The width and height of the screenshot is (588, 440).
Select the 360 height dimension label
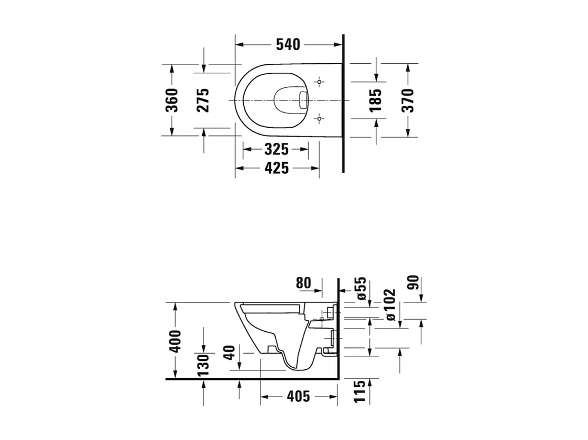click(x=172, y=100)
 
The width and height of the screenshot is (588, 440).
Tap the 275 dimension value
click(x=203, y=100)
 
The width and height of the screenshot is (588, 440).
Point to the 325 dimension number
click(x=276, y=150)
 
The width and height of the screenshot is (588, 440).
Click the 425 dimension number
click(x=276, y=168)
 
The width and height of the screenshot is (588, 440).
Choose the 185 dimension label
click(x=376, y=100)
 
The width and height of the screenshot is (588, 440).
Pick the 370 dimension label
click(x=408, y=100)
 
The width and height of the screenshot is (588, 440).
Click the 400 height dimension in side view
click(x=175, y=341)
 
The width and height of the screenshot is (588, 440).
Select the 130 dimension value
click(x=203, y=365)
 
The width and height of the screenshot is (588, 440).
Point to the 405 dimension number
click(x=299, y=397)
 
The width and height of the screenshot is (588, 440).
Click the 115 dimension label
click(x=359, y=391)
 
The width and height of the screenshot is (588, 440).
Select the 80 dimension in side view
click(x=303, y=284)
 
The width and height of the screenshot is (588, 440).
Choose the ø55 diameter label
click(x=362, y=288)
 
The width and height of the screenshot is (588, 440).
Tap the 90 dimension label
click(x=413, y=283)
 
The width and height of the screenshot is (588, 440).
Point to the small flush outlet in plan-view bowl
click(x=302, y=100)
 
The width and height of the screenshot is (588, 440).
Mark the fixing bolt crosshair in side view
click(x=322, y=319)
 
